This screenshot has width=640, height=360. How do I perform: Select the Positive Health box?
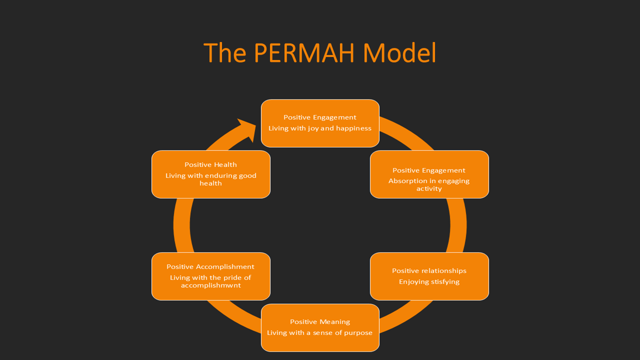pyautogui.click(x=210, y=174)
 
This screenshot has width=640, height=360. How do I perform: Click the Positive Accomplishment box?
pyautogui.click(x=210, y=276)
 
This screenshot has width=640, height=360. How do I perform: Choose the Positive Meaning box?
pyautogui.click(x=320, y=327)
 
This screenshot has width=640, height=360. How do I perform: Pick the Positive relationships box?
pyautogui.click(x=429, y=276)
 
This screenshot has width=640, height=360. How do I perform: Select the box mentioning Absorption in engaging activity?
pyautogui.click(x=429, y=174)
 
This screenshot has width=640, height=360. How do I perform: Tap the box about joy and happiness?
pyautogui.click(x=320, y=123)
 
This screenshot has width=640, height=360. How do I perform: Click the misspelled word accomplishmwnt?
pyautogui.click(x=210, y=285)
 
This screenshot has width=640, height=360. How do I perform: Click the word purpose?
pyautogui.click(x=358, y=332)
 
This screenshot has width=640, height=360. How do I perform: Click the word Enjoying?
pyautogui.click(x=411, y=281)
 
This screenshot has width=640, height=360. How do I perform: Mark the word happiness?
pyautogui.click(x=354, y=128)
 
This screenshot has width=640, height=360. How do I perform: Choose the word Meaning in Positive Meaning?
pyautogui.click(x=335, y=321)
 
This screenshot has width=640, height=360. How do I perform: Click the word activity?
pyautogui.click(x=429, y=188)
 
